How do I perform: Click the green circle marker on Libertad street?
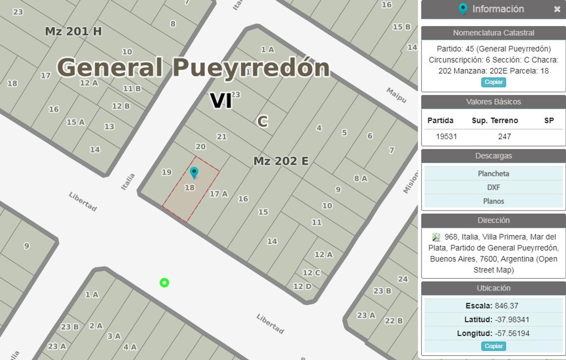[164, 283]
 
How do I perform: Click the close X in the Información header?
[557, 9]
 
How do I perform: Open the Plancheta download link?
[493, 174]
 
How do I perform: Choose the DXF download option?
[493, 187]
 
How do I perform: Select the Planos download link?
[493, 201]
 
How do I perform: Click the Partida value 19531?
[446, 136]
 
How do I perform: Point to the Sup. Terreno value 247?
[504, 136]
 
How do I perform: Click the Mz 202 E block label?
[281, 161]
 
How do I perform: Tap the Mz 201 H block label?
[73, 31]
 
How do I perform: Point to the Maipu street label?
[396, 95]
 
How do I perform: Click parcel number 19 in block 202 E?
[167, 172]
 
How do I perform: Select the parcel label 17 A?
[219, 194]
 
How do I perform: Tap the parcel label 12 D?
[302, 286]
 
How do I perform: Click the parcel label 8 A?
[360, 179]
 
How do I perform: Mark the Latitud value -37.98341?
[512, 320]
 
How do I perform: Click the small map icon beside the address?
[436, 237]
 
